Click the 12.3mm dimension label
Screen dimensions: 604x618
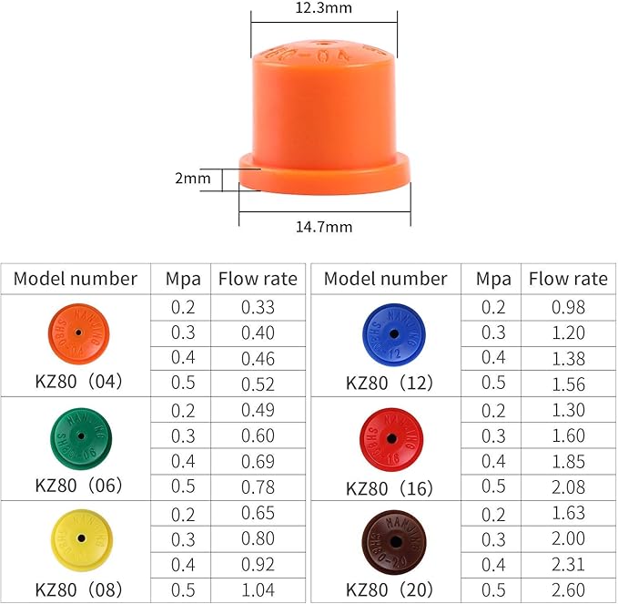pos(323,8)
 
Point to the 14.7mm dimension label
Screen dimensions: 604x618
pos(323,227)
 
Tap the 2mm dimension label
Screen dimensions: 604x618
pos(192,178)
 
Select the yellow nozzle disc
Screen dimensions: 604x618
pos(81,539)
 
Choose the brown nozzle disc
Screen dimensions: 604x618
pos(391,540)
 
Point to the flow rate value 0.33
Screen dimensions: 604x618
pos(258,307)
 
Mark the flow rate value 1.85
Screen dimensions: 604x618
pos(568,462)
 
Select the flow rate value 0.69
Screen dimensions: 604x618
pos(258,462)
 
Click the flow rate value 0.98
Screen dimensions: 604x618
pos(568,307)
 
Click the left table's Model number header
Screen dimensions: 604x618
pos(76,279)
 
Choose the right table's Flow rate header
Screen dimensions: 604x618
pos(568,279)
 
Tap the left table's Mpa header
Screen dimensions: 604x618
pos(183,279)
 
